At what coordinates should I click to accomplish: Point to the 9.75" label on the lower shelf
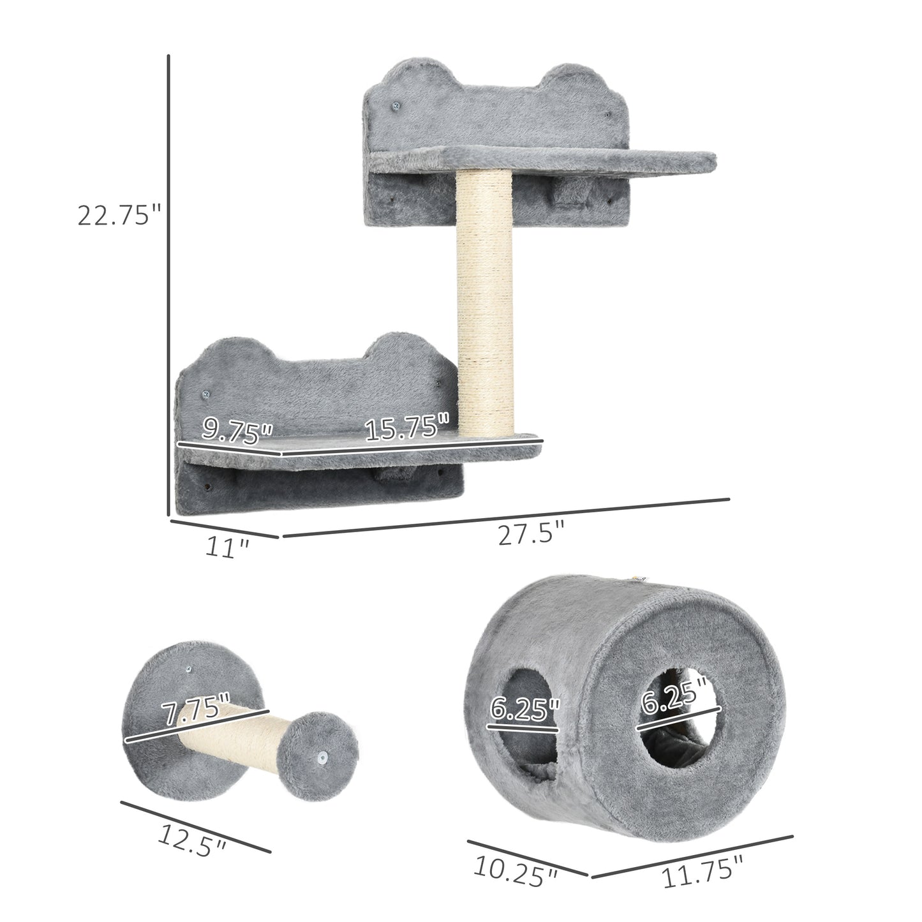coord(237,431)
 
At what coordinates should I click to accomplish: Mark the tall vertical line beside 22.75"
coord(168,284)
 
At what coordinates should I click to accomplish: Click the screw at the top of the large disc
coord(189,669)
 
